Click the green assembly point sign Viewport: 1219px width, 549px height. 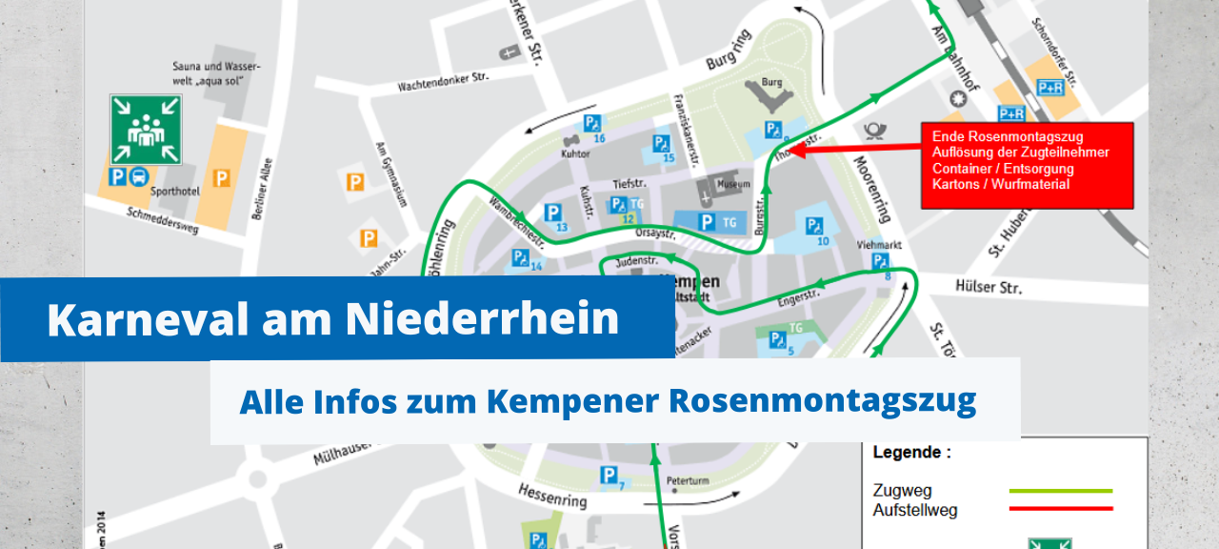tap(145, 129)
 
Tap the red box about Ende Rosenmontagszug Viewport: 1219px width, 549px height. tap(1027, 165)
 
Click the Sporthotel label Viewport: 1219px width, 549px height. tap(174, 192)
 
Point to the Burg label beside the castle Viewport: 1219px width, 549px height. tap(771, 83)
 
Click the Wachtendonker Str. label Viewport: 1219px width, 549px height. tap(443, 83)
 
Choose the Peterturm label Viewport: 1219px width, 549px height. tap(688, 480)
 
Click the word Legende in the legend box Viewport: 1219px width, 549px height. tap(911, 454)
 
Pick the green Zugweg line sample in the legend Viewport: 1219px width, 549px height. tap(1060, 491)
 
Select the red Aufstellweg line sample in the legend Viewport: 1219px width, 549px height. tap(1060, 509)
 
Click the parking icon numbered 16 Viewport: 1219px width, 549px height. tap(592, 123)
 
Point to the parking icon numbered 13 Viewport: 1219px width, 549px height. tap(552, 213)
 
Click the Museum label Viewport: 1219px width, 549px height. tap(733, 183)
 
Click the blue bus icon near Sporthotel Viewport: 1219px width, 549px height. tap(139, 176)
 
